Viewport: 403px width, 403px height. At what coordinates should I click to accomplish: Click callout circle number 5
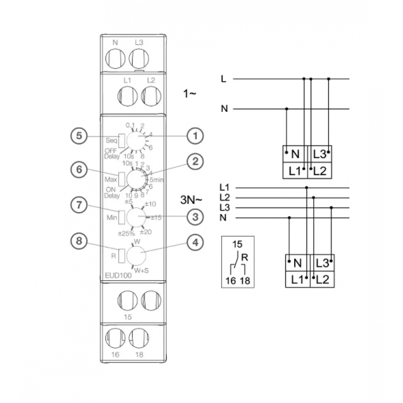tap(79, 136)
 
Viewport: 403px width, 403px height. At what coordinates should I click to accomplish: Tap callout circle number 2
tap(195, 162)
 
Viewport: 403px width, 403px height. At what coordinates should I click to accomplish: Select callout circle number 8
tap(79, 241)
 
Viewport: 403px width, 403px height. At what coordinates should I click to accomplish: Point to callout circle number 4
tap(195, 242)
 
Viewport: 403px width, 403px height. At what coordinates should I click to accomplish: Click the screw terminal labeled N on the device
tap(115, 58)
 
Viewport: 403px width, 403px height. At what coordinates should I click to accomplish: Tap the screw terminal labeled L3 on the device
tap(139, 58)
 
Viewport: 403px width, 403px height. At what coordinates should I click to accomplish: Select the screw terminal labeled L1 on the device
tap(127, 96)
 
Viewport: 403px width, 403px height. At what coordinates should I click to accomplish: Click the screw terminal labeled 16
tap(115, 338)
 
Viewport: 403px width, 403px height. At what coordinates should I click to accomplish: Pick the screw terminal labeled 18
tap(139, 338)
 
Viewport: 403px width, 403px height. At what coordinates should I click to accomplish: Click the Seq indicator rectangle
tap(122, 141)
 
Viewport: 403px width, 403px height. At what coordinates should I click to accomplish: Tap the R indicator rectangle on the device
tap(122, 256)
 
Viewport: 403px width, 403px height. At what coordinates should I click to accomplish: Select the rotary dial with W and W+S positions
tap(136, 255)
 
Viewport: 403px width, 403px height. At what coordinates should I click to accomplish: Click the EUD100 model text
tap(118, 276)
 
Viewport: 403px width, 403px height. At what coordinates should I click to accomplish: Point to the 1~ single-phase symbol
tap(190, 94)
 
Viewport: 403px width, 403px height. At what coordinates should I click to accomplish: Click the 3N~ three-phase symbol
tap(191, 200)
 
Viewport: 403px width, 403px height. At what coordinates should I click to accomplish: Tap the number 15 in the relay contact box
tap(237, 244)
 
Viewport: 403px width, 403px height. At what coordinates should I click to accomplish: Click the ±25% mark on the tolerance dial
tap(126, 234)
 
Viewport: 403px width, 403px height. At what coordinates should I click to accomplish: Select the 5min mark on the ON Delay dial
tap(157, 180)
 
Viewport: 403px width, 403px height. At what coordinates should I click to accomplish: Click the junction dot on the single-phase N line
tap(287, 109)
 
